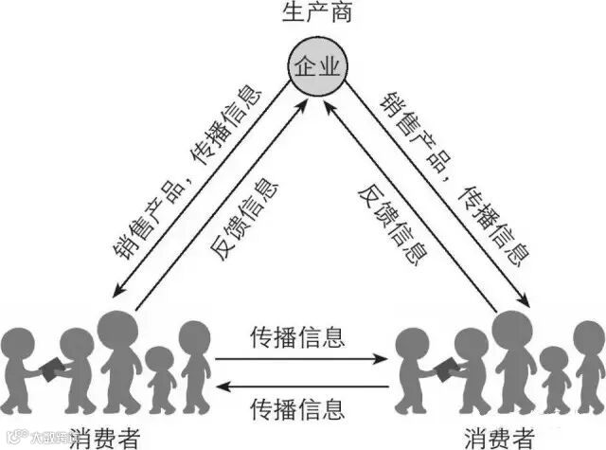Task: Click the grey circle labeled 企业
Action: [317, 67]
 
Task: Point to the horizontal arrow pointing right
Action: [300, 359]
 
